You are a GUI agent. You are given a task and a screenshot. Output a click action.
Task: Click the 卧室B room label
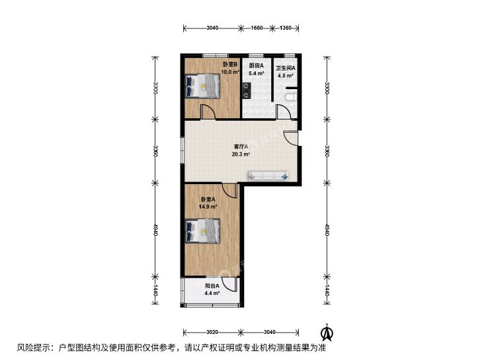230,65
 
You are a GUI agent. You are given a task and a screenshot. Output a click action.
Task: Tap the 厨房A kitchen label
256,65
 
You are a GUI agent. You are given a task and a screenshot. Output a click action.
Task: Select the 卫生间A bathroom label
285,68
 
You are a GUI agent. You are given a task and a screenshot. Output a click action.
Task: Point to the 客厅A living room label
241,147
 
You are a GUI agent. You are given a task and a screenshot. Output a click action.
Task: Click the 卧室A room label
208,199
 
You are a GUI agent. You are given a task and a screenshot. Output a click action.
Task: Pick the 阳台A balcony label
212,286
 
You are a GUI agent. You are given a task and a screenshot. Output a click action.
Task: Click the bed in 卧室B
203,86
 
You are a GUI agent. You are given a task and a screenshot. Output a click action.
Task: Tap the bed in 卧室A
203,231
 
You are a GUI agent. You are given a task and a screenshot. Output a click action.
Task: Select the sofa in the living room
268,176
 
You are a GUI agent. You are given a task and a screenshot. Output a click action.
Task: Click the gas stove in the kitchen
246,90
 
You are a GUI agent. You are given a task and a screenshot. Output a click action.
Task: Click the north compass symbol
328,333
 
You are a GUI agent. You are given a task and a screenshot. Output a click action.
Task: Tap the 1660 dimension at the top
257,28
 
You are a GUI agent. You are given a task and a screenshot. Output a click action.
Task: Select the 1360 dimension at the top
285,28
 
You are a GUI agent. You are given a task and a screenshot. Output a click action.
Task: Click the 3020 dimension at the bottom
212,332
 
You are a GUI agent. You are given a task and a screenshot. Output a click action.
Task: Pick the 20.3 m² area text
241,154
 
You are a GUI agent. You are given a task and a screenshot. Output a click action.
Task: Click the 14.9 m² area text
208,207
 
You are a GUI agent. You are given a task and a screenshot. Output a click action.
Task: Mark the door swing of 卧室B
208,112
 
